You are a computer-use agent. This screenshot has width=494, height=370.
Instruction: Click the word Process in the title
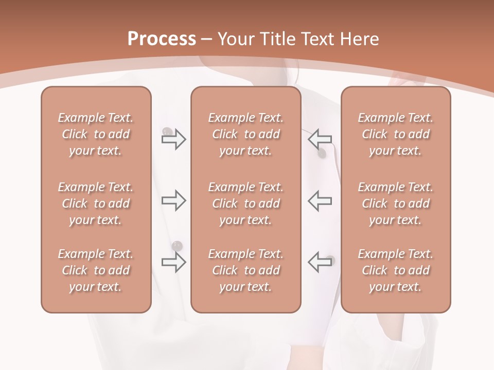[x=162, y=39]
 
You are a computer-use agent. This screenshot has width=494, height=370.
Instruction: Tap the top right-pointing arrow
[x=173, y=139]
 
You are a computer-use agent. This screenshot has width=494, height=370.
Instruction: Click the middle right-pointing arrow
[x=173, y=200]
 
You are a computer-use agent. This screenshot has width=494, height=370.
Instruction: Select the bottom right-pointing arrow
[x=173, y=262]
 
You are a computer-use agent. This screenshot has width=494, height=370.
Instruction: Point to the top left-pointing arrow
[x=320, y=139]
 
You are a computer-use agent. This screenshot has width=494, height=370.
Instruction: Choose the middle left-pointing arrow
[x=320, y=200]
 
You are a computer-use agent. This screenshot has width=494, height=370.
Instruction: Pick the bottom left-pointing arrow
[x=320, y=262]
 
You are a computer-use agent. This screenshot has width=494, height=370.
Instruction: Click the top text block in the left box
[x=96, y=134]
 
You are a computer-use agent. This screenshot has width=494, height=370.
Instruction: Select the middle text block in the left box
[x=96, y=203]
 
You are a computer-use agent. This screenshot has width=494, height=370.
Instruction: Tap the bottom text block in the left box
[x=96, y=270]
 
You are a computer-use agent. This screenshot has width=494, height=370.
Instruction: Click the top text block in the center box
[x=245, y=134]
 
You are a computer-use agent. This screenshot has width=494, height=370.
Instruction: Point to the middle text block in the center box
[x=245, y=203]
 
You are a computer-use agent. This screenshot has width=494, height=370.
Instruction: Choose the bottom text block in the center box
[x=245, y=270]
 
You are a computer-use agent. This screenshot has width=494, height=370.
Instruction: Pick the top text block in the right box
[x=395, y=134]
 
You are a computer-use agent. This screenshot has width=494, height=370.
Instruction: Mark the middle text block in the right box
[x=395, y=203]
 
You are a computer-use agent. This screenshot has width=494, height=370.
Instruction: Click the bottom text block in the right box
[x=395, y=270]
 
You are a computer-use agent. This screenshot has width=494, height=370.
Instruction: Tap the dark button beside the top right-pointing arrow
[x=167, y=132]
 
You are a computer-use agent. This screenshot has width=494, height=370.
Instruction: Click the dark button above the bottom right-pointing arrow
[x=177, y=245]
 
